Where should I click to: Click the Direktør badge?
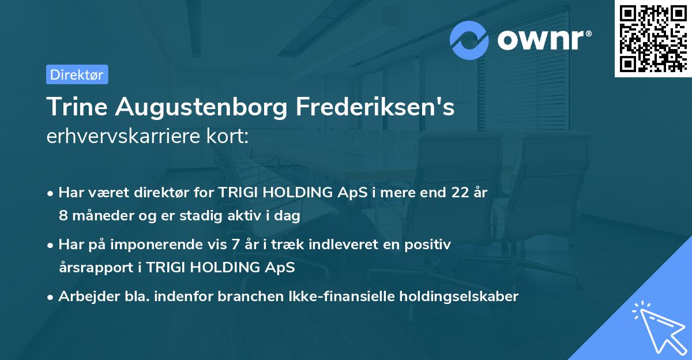(77, 74)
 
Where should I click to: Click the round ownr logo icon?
(469, 40)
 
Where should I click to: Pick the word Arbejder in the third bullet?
(84, 297)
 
